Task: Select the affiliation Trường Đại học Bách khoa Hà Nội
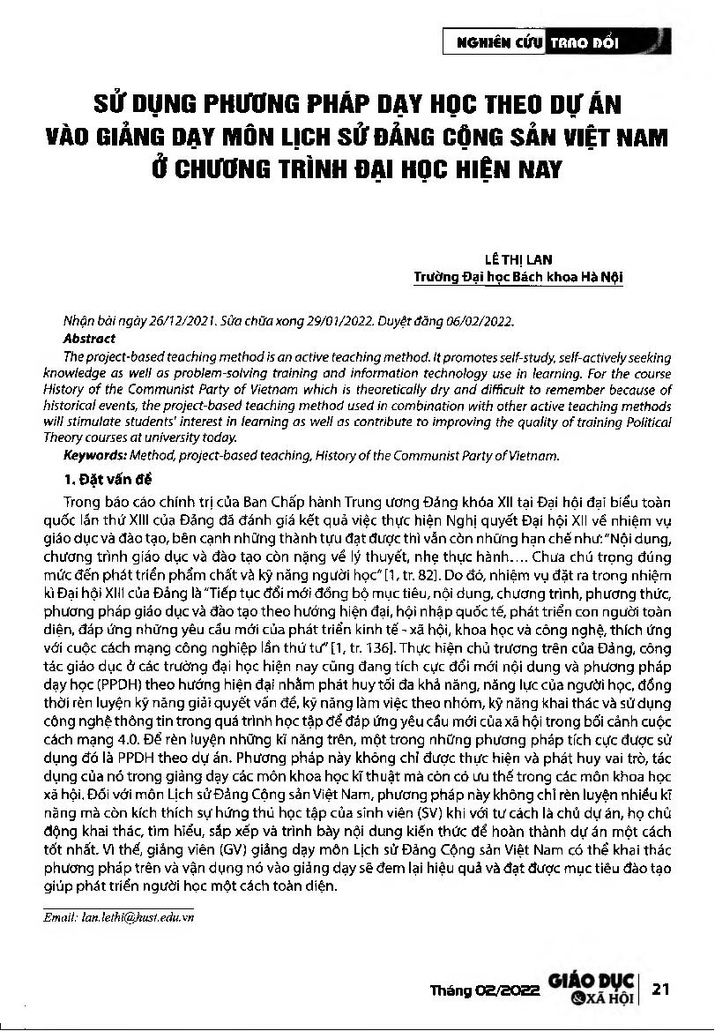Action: coord(518,277)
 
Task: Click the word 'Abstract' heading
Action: coord(89,338)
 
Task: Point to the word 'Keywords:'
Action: coord(95,456)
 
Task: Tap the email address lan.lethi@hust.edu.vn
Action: coord(119,918)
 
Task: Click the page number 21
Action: coord(662,990)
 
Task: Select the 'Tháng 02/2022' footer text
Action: coord(484,991)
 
